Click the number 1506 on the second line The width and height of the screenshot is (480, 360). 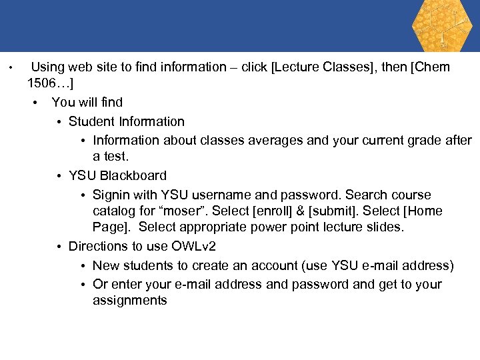44,83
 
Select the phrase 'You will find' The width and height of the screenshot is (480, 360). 87,102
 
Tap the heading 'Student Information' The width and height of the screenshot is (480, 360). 126,121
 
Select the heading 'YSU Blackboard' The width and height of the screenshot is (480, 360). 117,175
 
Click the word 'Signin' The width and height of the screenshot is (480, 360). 111,195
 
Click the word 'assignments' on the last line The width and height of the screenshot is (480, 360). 129,300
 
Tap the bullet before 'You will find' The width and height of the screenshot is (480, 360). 35,103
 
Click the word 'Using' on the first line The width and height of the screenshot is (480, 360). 48,67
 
